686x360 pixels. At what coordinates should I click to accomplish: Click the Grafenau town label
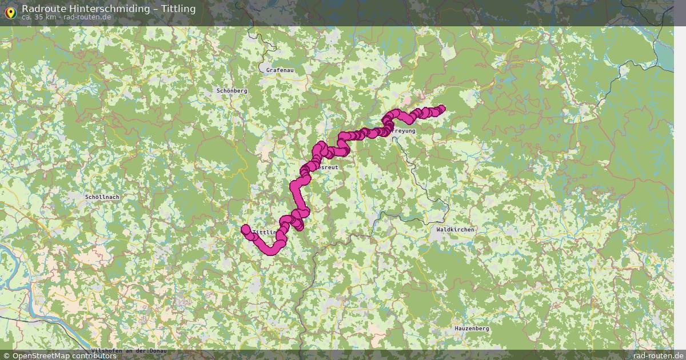point(280,70)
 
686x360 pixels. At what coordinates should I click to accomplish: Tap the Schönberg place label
point(232,91)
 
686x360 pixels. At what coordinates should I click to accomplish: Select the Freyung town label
point(404,131)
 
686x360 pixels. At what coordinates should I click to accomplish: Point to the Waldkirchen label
point(455,230)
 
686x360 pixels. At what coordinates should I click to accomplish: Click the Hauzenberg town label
point(472,329)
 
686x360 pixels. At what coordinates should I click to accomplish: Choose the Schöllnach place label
point(102,197)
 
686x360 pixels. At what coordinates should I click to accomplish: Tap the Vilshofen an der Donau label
point(129,351)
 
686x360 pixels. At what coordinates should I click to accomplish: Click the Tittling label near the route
point(263,233)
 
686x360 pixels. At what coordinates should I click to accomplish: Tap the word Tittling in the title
point(178,9)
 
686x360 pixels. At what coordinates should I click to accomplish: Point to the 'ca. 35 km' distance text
point(38,17)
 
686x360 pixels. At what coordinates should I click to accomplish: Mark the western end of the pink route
point(245,229)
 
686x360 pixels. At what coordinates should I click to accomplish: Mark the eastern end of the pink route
point(441,108)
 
